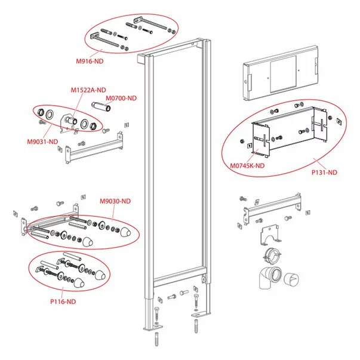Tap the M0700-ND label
click(x=121, y=98)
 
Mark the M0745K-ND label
click(x=248, y=167)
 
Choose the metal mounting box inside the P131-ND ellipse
click(x=291, y=132)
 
